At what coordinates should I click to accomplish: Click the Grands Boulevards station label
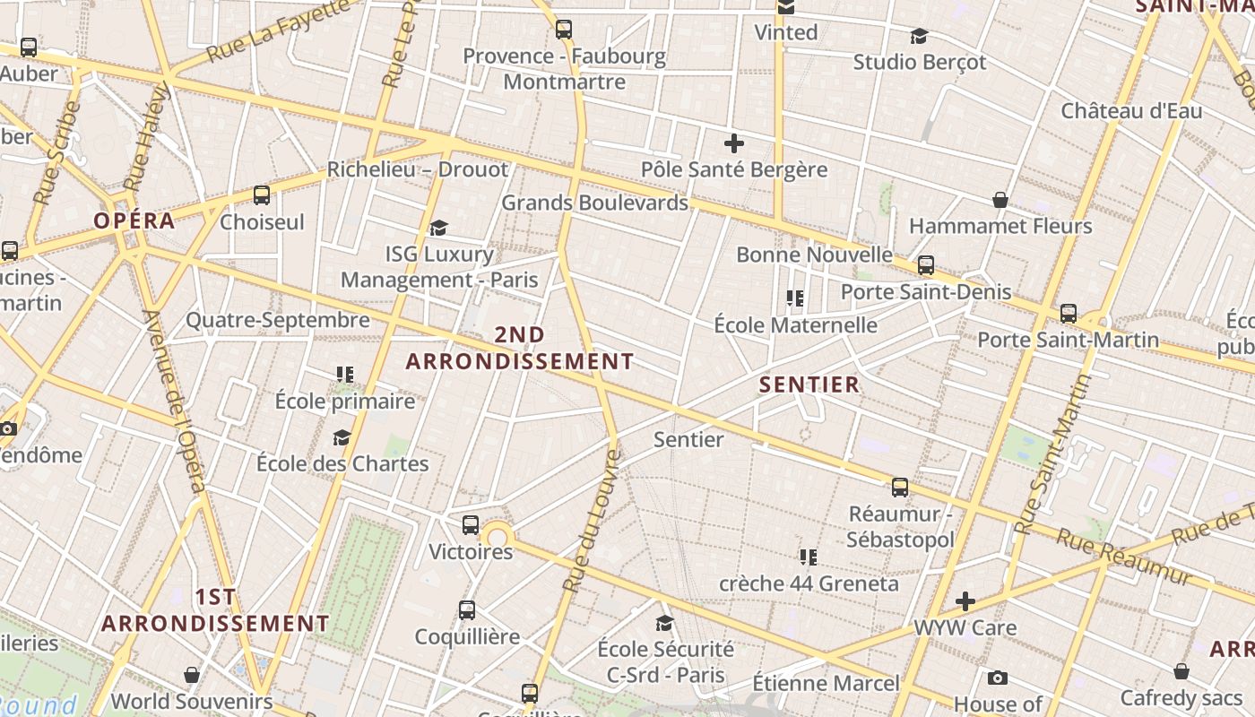click(x=594, y=203)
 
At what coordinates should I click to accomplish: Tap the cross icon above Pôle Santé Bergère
click(x=734, y=143)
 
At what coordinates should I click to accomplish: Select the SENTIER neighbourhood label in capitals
click(x=809, y=385)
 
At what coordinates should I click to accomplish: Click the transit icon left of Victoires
click(x=471, y=525)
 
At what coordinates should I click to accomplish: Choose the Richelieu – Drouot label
click(x=417, y=169)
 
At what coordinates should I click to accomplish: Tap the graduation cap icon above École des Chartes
click(x=342, y=437)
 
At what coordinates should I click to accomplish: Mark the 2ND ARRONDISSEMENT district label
click(x=520, y=349)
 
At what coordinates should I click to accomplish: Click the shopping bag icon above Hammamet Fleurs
click(x=1000, y=200)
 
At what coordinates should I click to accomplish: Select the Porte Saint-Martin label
click(x=1068, y=341)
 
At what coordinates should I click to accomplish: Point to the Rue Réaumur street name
click(x=1124, y=555)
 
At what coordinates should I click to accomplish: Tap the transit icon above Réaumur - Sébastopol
click(x=900, y=488)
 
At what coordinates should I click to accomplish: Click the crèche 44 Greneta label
click(x=809, y=584)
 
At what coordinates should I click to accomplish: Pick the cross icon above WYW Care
click(x=965, y=600)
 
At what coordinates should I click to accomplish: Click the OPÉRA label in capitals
click(x=134, y=221)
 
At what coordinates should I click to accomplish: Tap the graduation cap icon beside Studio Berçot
click(x=919, y=36)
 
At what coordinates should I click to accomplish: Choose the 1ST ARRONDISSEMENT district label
click(x=215, y=610)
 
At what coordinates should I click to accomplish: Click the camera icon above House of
click(x=997, y=678)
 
